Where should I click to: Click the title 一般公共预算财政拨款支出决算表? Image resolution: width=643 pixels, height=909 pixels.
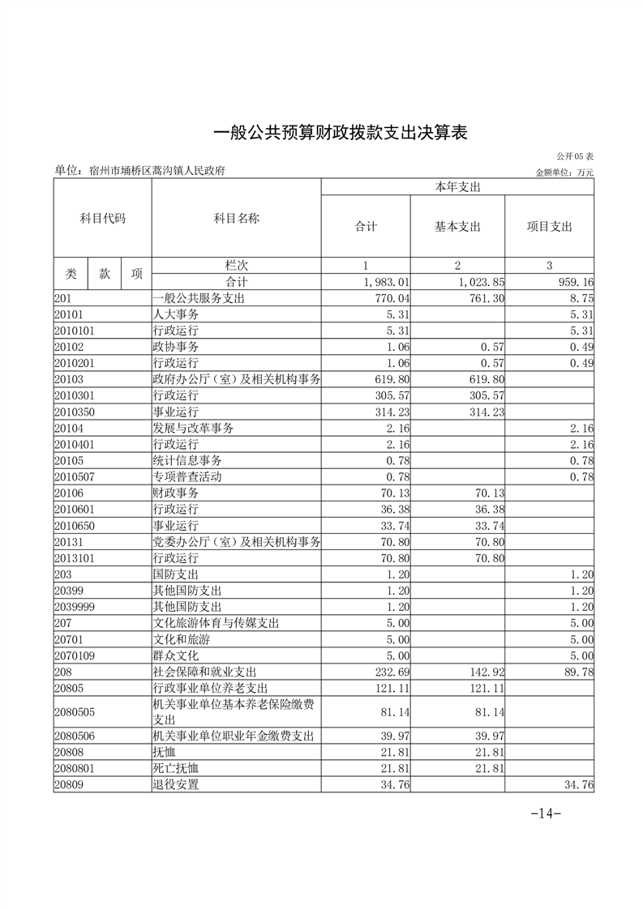[341, 132]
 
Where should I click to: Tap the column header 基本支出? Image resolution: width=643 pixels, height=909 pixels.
[457, 227]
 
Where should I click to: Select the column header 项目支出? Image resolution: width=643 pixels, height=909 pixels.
[549, 227]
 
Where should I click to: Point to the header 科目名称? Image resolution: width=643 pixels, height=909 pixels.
[236, 218]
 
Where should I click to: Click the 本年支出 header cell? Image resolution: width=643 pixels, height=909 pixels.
[457, 187]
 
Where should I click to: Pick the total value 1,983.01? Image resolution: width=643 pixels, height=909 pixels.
[387, 282]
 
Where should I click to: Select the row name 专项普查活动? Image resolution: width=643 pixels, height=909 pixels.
[187, 476]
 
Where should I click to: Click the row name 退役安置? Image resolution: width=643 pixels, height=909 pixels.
[176, 784]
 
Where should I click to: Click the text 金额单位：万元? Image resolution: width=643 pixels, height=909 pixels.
[564, 172]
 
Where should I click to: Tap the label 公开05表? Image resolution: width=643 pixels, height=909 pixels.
[575, 156]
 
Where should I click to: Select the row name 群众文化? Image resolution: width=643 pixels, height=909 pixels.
[176, 655]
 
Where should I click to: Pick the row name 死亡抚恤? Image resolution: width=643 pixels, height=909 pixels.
[176, 768]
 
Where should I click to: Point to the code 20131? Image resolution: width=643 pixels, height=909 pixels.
[69, 541]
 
